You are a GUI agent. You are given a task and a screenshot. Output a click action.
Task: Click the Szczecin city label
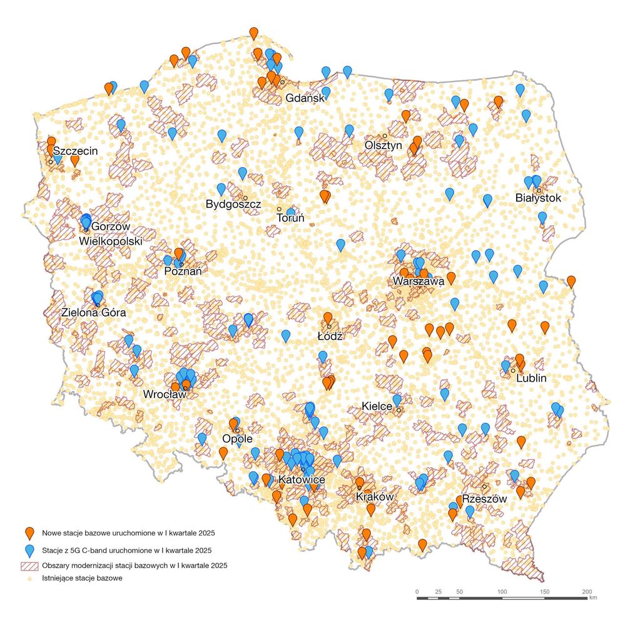click(75, 151)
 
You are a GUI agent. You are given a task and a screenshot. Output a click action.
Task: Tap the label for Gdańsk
click(304, 98)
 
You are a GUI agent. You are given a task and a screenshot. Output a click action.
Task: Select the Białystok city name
click(538, 198)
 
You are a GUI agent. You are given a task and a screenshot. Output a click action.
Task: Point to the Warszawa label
click(418, 282)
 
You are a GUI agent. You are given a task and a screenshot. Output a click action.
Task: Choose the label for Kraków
click(373, 497)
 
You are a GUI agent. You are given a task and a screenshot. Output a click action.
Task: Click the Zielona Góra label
click(94, 312)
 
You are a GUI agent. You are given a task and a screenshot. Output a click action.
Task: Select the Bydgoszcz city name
click(233, 204)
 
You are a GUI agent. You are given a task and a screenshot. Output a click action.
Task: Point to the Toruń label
click(290, 218)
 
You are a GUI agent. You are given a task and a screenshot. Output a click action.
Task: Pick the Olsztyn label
click(383, 145)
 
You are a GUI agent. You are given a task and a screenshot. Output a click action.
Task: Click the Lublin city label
click(531, 378)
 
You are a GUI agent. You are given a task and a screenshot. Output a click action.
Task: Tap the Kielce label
click(377, 407)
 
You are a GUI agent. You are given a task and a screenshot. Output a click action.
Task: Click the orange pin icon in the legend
click(29, 534)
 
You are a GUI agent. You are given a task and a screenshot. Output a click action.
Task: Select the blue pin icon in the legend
click(29, 551)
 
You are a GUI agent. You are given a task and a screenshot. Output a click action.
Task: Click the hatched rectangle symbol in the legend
click(29, 566)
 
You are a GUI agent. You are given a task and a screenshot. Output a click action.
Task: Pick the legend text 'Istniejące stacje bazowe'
click(82, 579)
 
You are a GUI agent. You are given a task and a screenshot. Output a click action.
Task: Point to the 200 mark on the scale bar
click(587, 591)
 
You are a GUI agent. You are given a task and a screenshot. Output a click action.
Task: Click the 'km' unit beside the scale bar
click(593, 599)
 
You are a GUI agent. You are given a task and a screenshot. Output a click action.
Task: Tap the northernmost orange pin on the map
click(253, 33)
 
